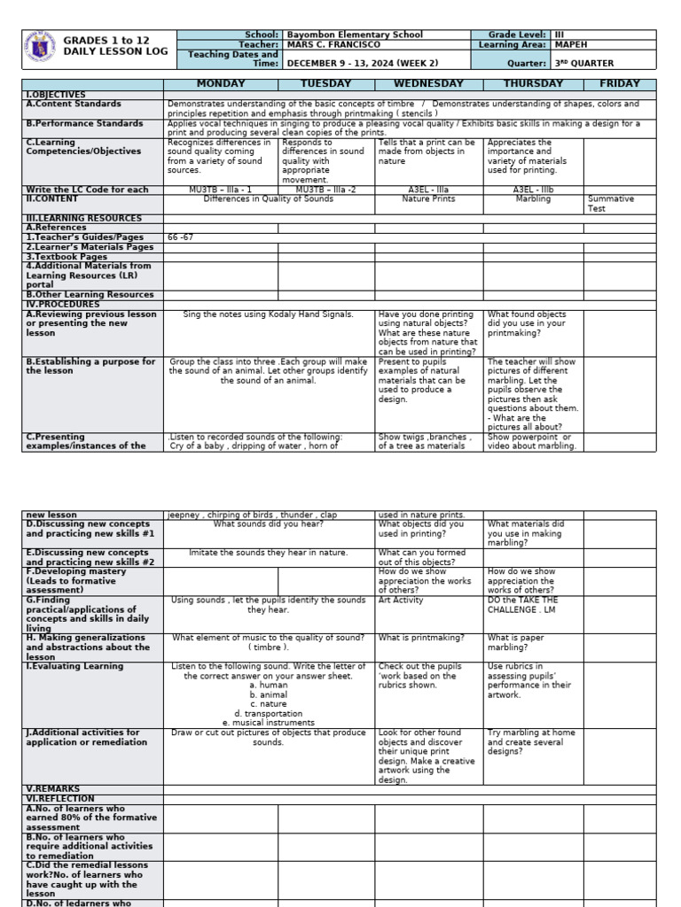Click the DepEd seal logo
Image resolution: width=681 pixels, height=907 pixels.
pos(42,50)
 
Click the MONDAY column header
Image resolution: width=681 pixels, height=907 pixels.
pos(220,83)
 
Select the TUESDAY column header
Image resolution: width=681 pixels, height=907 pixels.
pos(325,83)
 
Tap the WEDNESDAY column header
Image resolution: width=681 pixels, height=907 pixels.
pos(428,83)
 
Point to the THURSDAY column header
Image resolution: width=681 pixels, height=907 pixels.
pos(533,83)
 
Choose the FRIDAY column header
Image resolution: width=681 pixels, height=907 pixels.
pos(619,83)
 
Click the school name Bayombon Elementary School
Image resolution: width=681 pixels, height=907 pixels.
pos(354,35)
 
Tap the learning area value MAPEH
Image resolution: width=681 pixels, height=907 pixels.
pos(572,44)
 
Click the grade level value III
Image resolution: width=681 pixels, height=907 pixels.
pos(560,35)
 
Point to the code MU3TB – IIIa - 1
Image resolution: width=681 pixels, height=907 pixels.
pos(220,190)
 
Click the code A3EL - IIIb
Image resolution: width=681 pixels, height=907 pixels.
pos(533,190)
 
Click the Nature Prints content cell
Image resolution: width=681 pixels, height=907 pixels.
pos(428,199)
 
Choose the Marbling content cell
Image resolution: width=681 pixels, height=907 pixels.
pos(533,199)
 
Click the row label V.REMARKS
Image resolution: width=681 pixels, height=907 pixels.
pos(53,788)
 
